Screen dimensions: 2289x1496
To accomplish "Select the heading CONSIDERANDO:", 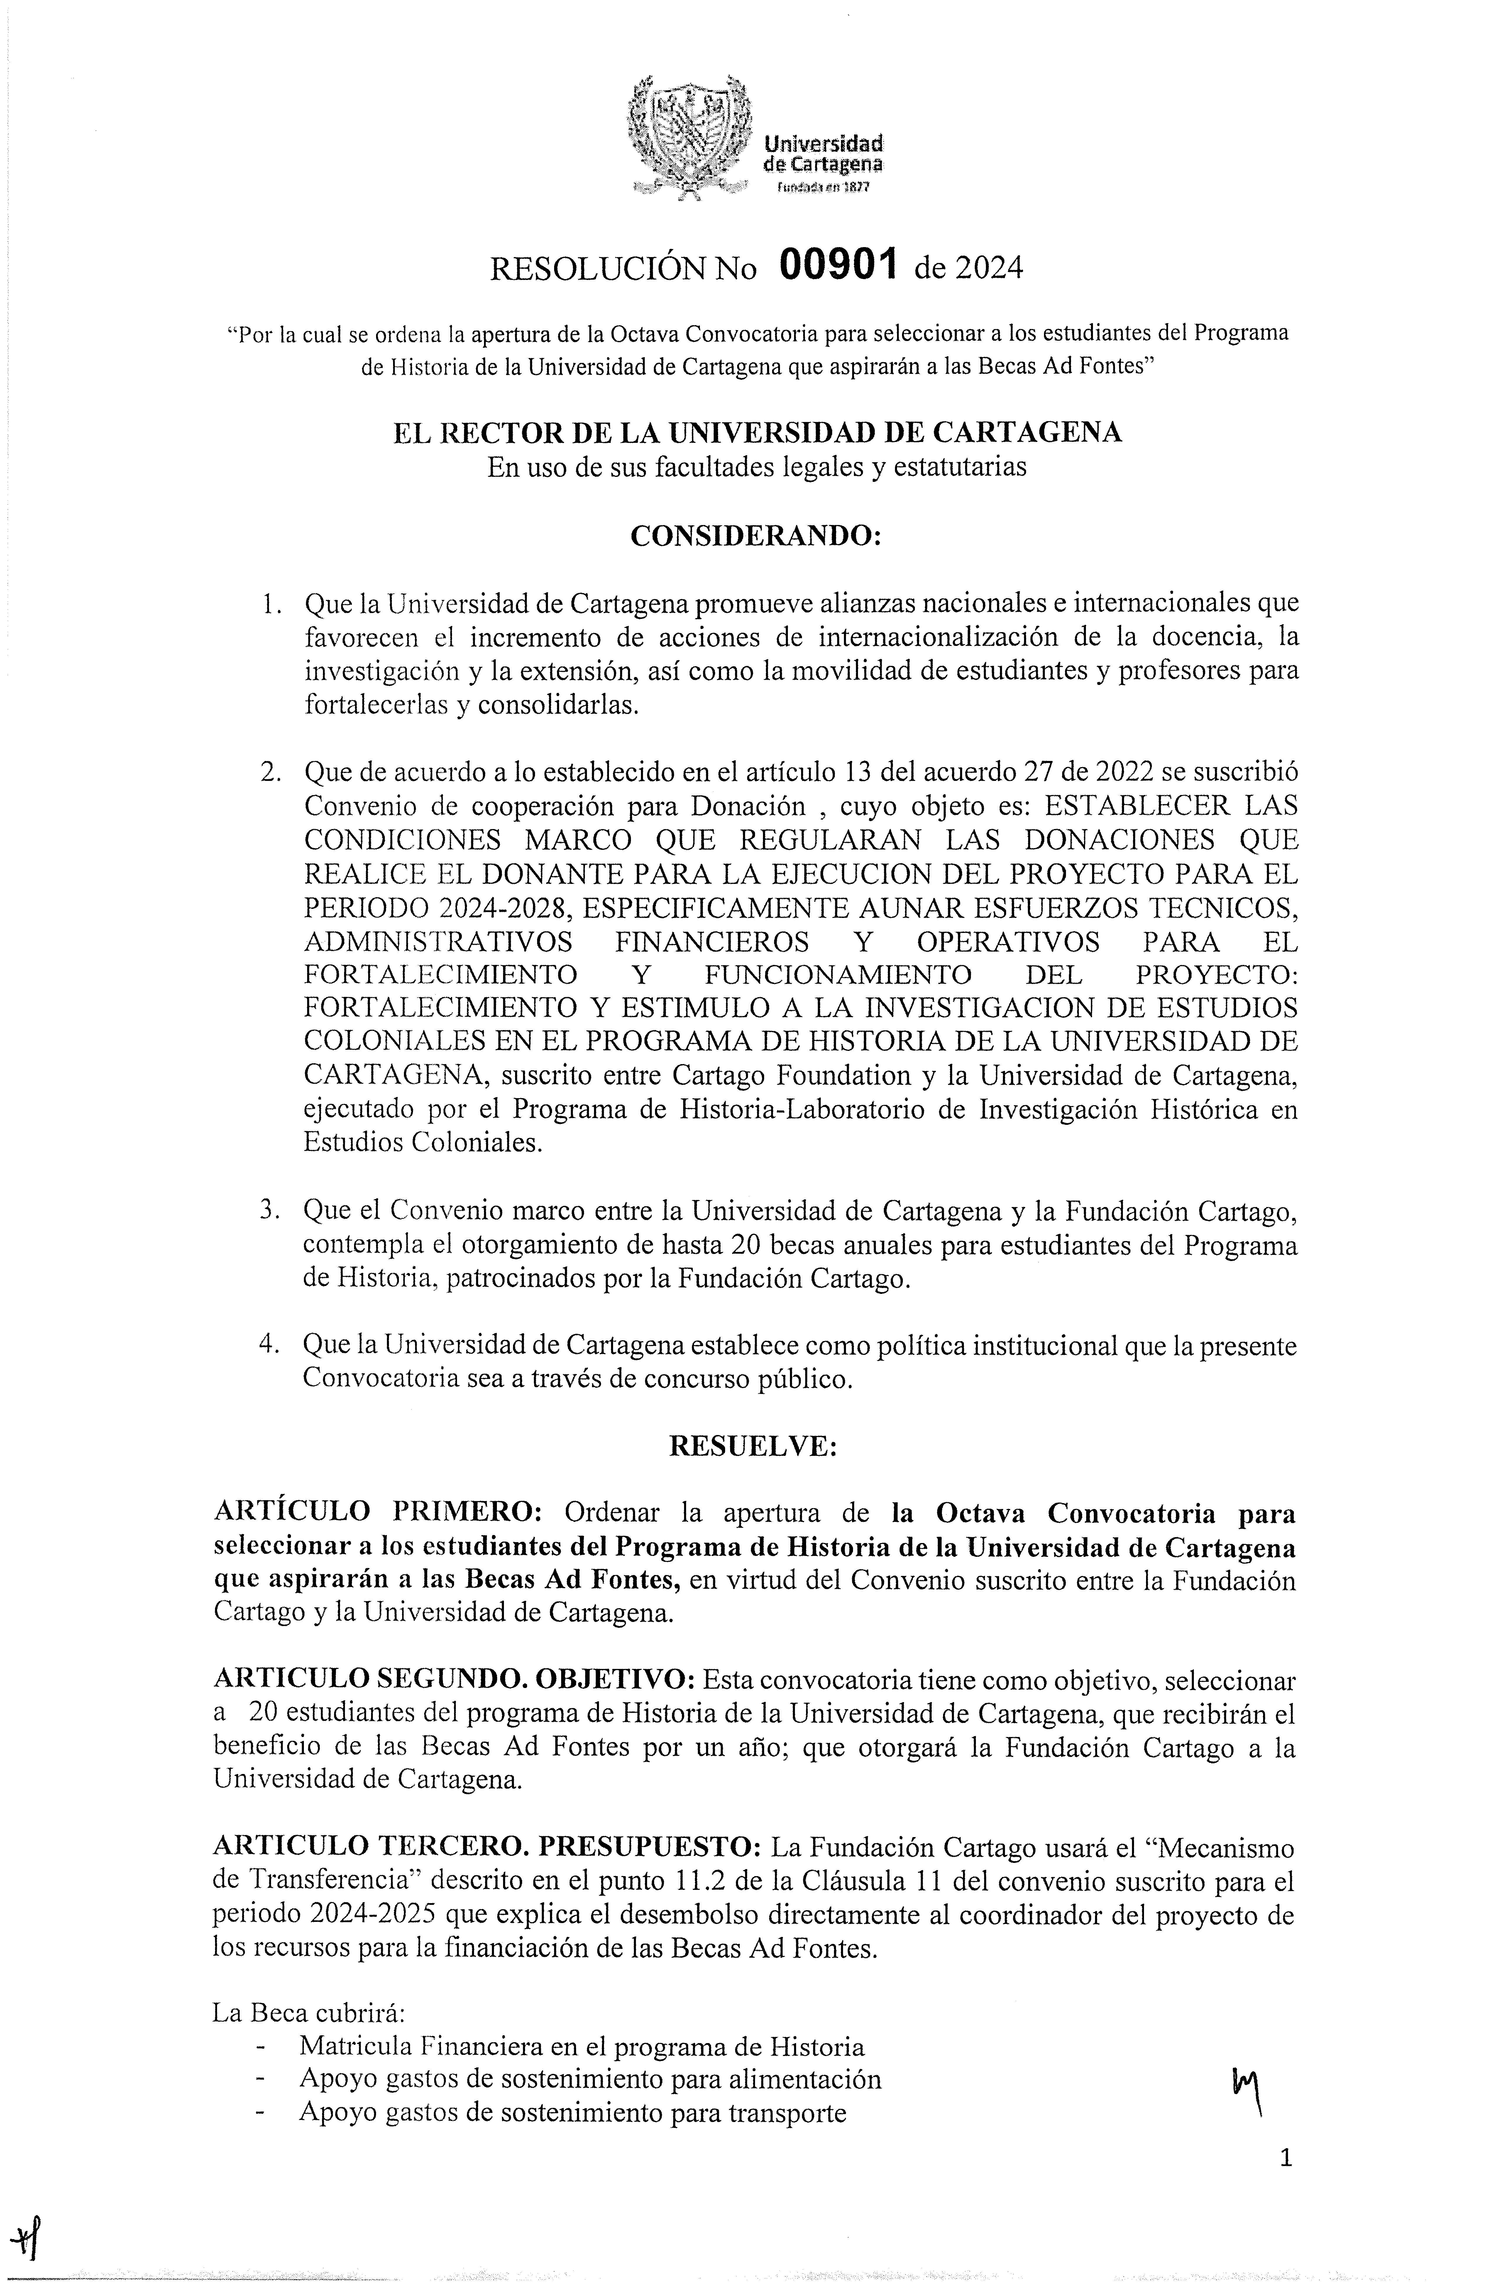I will point(756,537).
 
